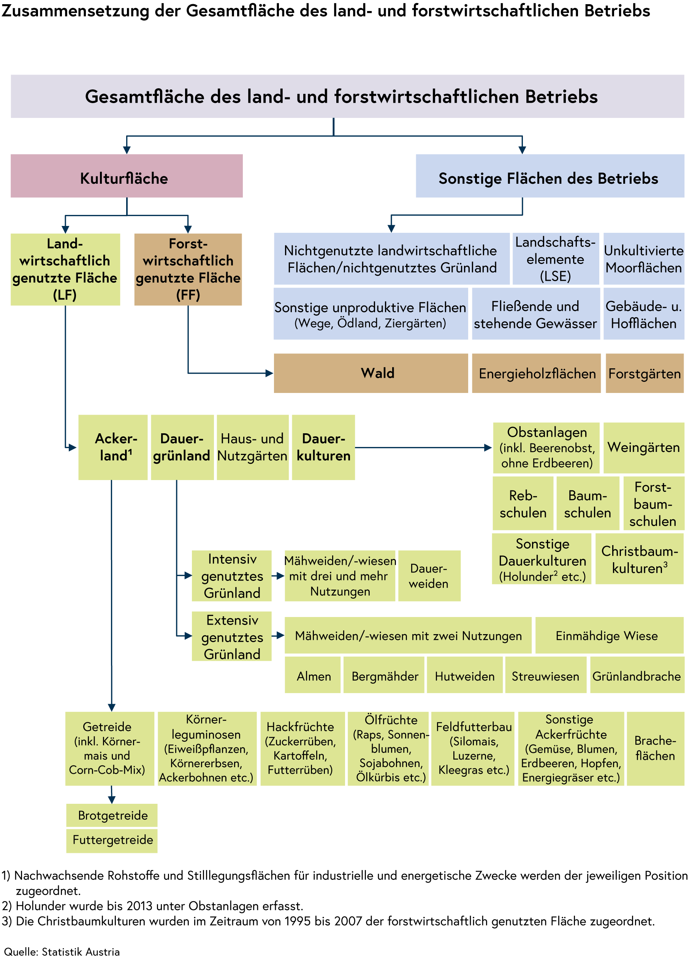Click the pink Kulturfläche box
[x=126, y=176]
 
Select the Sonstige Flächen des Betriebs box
[x=549, y=176]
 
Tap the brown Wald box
[x=371, y=373]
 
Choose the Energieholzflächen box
[x=536, y=373]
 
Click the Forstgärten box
[x=644, y=373]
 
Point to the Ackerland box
[x=113, y=447]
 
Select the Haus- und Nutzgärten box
[x=252, y=447]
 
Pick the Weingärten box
[x=643, y=447]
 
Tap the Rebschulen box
[x=523, y=503]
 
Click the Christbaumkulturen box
[x=639, y=558]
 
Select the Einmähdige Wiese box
[x=609, y=635]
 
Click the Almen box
[x=313, y=675]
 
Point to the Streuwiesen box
[x=545, y=675]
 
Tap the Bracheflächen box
[x=655, y=748]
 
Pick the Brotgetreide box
[x=112, y=815]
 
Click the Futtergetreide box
[x=112, y=840]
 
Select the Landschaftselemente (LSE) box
[x=555, y=259]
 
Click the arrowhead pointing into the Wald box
[x=269, y=373]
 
